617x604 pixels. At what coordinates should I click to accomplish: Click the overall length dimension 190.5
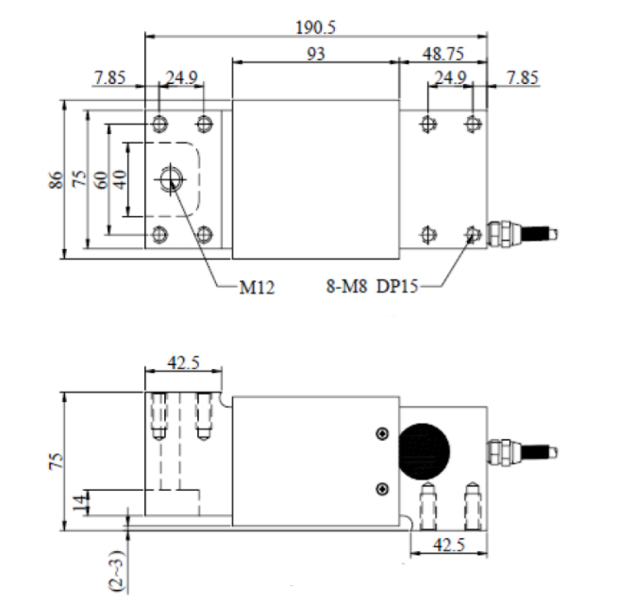click(316, 25)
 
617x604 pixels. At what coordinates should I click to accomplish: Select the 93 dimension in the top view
click(316, 55)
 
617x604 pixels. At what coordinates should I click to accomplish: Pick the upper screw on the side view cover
click(381, 433)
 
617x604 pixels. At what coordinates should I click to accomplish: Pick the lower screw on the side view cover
click(381, 487)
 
